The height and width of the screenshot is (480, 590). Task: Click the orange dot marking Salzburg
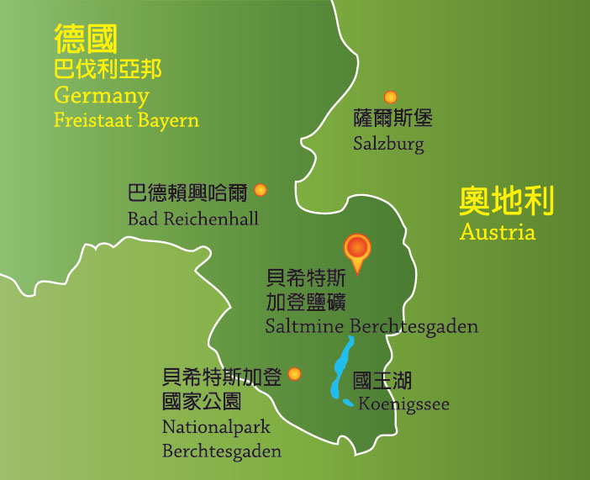[390, 98]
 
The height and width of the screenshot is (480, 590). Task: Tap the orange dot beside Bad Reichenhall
[261, 190]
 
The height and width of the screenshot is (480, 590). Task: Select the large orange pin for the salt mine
[358, 250]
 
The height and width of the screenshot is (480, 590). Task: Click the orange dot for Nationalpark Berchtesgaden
[294, 374]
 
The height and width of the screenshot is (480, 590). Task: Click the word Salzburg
[388, 144]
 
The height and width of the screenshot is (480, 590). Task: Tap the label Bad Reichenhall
[193, 219]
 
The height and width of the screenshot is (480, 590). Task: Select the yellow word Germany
[102, 95]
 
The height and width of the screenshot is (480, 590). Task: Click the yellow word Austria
[498, 232]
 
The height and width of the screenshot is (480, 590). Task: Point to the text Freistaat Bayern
[127, 120]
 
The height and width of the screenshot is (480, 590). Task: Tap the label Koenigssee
[403, 404]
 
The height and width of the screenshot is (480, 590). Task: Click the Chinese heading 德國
[86, 39]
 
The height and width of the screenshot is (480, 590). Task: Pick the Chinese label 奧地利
[507, 202]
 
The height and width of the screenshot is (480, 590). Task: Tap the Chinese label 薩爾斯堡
[393, 119]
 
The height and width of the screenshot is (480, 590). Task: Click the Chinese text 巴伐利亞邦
[108, 67]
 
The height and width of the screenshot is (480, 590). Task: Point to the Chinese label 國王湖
[382, 380]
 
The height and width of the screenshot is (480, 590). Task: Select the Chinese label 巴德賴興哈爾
[187, 193]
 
